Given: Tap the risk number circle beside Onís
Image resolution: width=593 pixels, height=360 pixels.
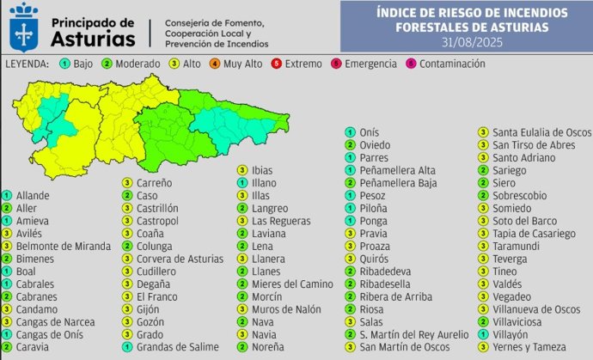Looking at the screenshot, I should click(x=350, y=132).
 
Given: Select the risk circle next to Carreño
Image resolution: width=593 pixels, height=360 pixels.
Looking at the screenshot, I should click(x=126, y=183).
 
